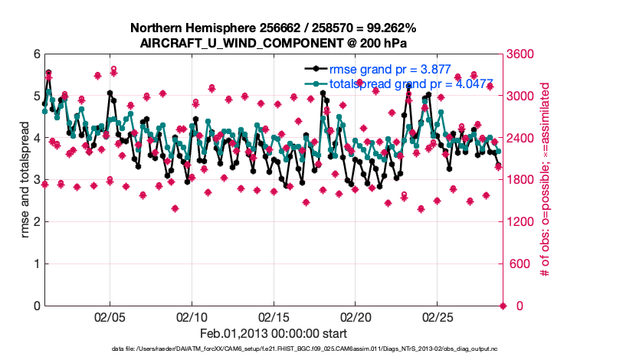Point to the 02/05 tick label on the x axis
tap(110, 316)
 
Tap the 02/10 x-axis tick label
tap(192, 316)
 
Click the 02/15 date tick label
tap(273, 316)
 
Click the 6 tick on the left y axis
tap(37, 54)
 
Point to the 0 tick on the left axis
tap(37, 306)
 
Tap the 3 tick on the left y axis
tap(37, 180)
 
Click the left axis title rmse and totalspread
tap(25, 180)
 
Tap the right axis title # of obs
tap(546, 180)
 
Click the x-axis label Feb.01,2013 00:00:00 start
tap(273, 333)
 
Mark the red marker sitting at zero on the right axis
tap(503, 306)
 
